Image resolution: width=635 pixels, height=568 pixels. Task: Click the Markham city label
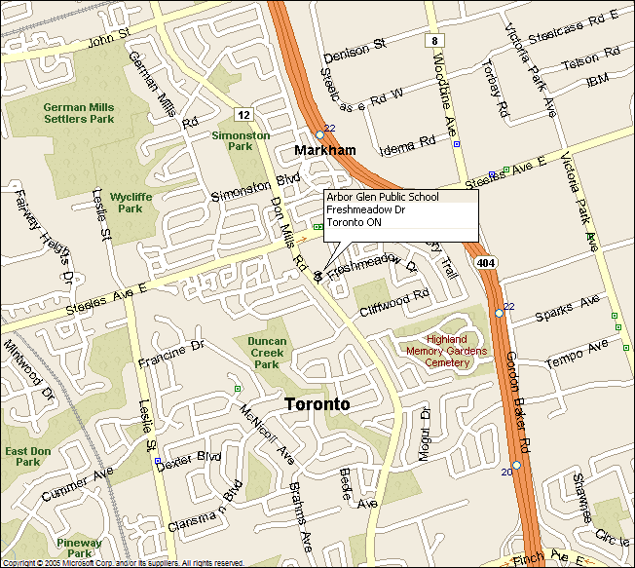[325, 150]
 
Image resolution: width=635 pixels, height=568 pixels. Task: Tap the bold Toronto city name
[317, 403]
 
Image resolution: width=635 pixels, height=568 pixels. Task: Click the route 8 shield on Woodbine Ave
[432, 40]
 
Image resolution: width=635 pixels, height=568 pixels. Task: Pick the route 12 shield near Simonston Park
[243, 114]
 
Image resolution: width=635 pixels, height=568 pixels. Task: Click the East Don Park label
[27, 456]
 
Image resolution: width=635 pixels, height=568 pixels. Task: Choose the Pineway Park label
[79, 548]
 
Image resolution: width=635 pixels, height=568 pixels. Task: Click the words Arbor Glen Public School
[383, 197]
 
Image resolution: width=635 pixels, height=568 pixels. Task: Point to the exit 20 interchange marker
[516, 465]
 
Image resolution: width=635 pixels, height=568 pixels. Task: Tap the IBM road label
[597, 81]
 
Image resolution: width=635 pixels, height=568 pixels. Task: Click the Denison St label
[355, 48]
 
